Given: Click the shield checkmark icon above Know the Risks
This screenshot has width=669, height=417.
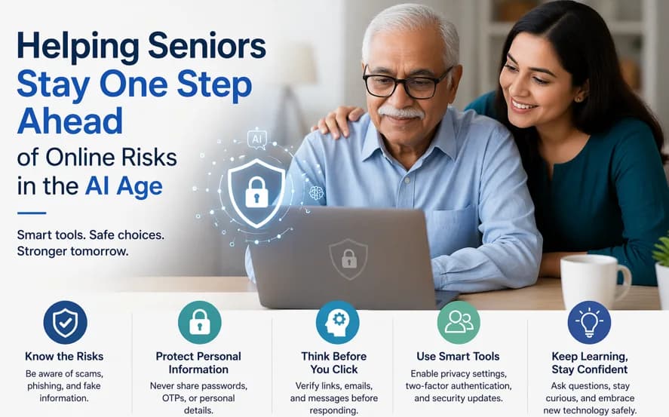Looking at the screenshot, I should pyautogui.click(x=65, y=323).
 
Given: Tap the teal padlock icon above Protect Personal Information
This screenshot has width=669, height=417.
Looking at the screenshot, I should pyautogui.click(x=199, y=323).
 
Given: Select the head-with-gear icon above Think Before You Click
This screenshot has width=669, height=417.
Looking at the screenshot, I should pyautogui.click(x=337, y=323).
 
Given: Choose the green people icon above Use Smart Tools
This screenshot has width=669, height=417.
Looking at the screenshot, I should pyautogui.click(x=459, y=323).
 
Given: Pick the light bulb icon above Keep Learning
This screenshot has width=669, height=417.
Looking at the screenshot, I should pyautogui.click(x=589, y=323).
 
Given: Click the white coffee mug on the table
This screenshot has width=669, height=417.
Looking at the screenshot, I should pyautogui.click(x=591, y=281).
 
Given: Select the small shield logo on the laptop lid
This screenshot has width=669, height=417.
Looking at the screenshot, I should pyautogui.click(x=348, y=259).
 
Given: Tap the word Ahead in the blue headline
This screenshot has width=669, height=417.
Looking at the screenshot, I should pyautogui.click(x=69, y=121).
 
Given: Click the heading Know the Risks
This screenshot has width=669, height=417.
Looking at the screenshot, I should pyautogui.click(x=64, y=357).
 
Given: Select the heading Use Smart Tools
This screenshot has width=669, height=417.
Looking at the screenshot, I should pyautogui.click(x=458, y=357).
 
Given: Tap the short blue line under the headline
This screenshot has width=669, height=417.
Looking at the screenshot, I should pyautogui.click(x=32, y=213).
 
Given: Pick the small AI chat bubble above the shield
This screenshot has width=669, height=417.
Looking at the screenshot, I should pyautogui.click(x=257, y=139).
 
